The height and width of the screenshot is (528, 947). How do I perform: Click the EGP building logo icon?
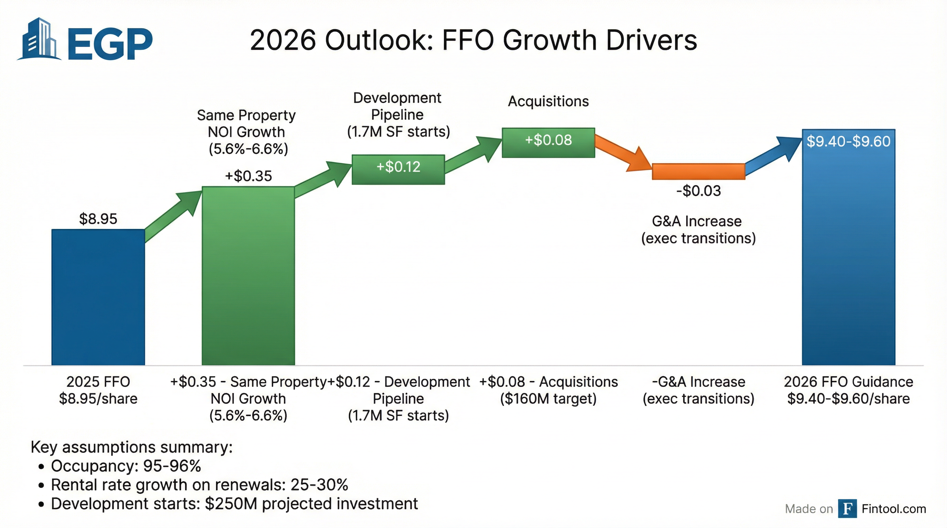click(x=40, y=40)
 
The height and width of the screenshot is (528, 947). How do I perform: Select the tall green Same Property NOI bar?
click(x=248, y=275)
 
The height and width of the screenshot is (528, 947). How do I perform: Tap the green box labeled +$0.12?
click(x=398, y=169)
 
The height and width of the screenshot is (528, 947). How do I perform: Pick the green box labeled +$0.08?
click(x=548, y=142)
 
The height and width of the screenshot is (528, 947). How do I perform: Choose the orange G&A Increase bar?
click(x=698, y=172)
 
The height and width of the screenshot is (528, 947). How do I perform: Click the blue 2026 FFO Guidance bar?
click(x=848, y=257)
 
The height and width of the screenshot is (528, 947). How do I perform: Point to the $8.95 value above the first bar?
click(x=98, y=219)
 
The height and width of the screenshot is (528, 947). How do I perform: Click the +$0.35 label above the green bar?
click(x=248, y=176)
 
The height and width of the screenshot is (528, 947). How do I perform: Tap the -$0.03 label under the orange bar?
click(x=699, y=191)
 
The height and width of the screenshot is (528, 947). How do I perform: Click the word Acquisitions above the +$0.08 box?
click(x=548, y=101)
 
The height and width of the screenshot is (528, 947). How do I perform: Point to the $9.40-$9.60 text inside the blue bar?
click(x=848, y=141)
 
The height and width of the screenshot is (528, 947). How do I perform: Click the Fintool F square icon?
click(x=847, y=508)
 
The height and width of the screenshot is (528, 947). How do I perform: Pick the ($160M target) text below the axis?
click(x=548, y=399)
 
